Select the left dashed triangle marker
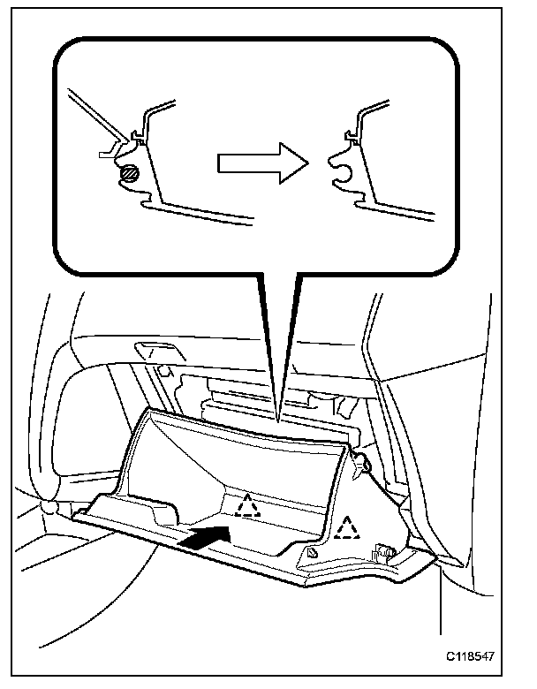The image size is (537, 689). pyautogui.click(x=247, y=505)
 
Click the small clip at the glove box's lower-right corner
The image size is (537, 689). pyautogui.click(x=385, y=553)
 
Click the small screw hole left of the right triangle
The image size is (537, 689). pyautogui.click(x=313, y=551)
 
